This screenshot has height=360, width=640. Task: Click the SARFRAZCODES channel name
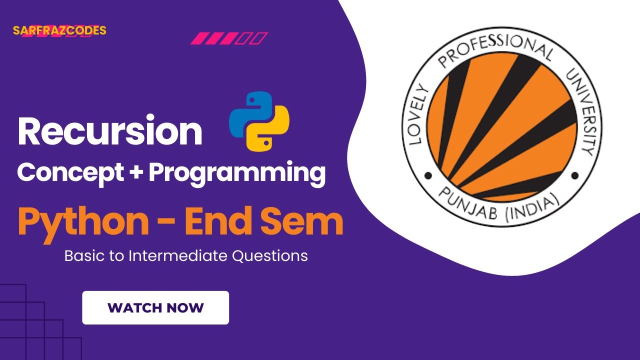pos(59,30)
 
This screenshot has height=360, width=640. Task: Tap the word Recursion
pos(109,131)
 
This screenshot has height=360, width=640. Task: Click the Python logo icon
pos(259,121)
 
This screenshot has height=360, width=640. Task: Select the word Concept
pos(70,173)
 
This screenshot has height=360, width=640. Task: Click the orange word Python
pos(83,222)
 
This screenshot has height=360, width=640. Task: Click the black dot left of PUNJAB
pos(427,175)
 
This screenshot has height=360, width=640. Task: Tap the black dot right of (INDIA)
pos(574,175)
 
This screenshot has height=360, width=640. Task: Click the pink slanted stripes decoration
pos(229,38)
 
